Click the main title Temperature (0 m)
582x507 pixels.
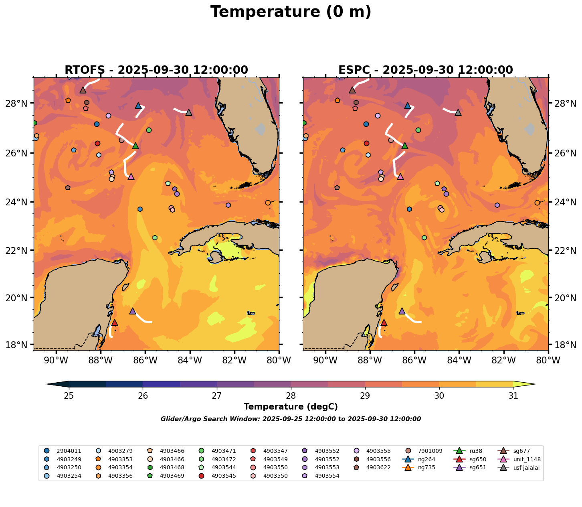coord(291,12)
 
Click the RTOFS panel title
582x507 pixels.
coord(156,70)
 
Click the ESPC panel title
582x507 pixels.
coord(425,70)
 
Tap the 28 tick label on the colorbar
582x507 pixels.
coord(291,396)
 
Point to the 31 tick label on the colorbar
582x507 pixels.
coord(513,396)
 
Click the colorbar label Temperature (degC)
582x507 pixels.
coord(291,407)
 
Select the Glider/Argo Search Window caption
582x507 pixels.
coord(291,419)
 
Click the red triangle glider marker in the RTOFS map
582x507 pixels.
coord(114,322)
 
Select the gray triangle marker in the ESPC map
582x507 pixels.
coord(458,112)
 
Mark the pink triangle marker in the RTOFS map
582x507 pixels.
coord(131,176)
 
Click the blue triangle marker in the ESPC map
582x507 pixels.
coord(408,105)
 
